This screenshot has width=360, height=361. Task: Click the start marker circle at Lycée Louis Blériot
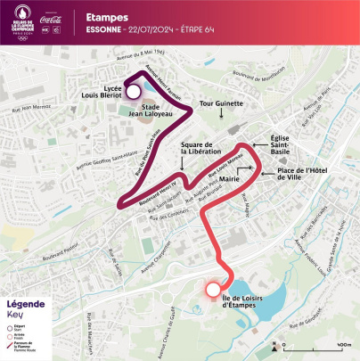click(133, 91)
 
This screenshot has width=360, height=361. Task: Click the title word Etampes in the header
click(105, 16)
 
